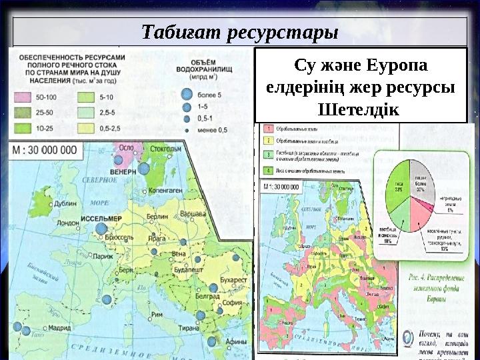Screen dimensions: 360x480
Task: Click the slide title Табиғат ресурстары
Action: pos(240,31)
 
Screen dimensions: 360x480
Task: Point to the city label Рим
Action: pos(157,315)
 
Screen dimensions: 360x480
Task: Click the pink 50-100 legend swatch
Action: pos(23,97)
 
